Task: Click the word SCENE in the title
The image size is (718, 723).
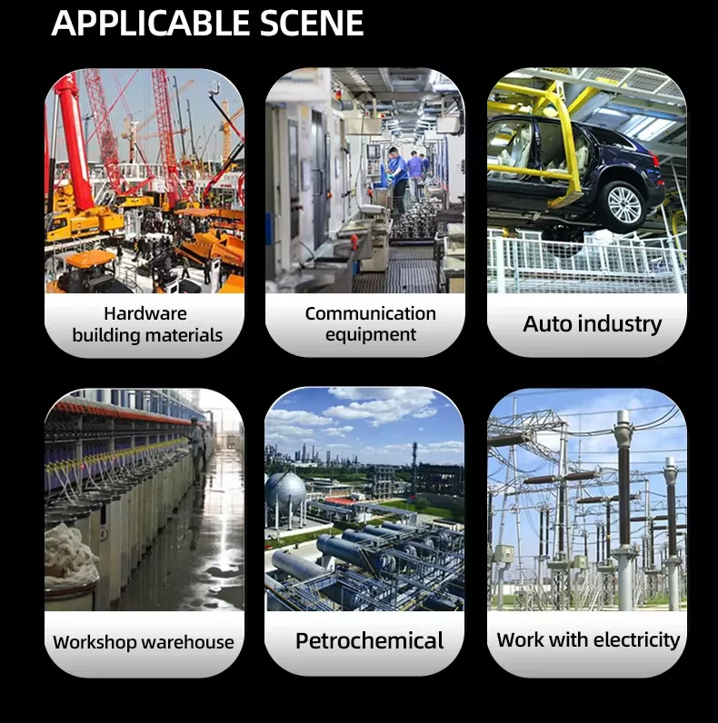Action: pyautogui.click(x=312, y=22)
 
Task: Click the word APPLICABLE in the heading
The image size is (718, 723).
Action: pyautogui.click(x=151, y=22)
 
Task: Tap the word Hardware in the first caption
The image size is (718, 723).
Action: pyautogui.click(x=145, y=313)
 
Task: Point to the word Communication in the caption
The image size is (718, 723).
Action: pyautogui.click(x=371, y=313)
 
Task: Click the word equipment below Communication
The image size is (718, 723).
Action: pyautogui.click(x=371, y=335)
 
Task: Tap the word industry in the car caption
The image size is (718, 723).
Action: pyautogui.click(x=620, y=323)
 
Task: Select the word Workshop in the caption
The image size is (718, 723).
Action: pyautogui.click(x=95, y=642)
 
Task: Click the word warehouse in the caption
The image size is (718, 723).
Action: pyautogui.click(x=188, y=642)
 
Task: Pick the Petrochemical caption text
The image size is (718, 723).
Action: pyautogui.click(x=370, y=640)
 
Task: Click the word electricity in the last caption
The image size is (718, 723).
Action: pyautogui.click(x=636, y=640)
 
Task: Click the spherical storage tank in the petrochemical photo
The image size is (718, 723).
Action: pyautogui.click(x=284, y=491)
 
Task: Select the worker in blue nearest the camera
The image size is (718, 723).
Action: pyautogui.click(x=398, y=179)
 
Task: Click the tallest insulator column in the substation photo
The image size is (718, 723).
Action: pyautogui.click(x=623, y=507)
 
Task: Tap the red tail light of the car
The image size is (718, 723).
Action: pyautogui.click(x=654, y=158)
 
